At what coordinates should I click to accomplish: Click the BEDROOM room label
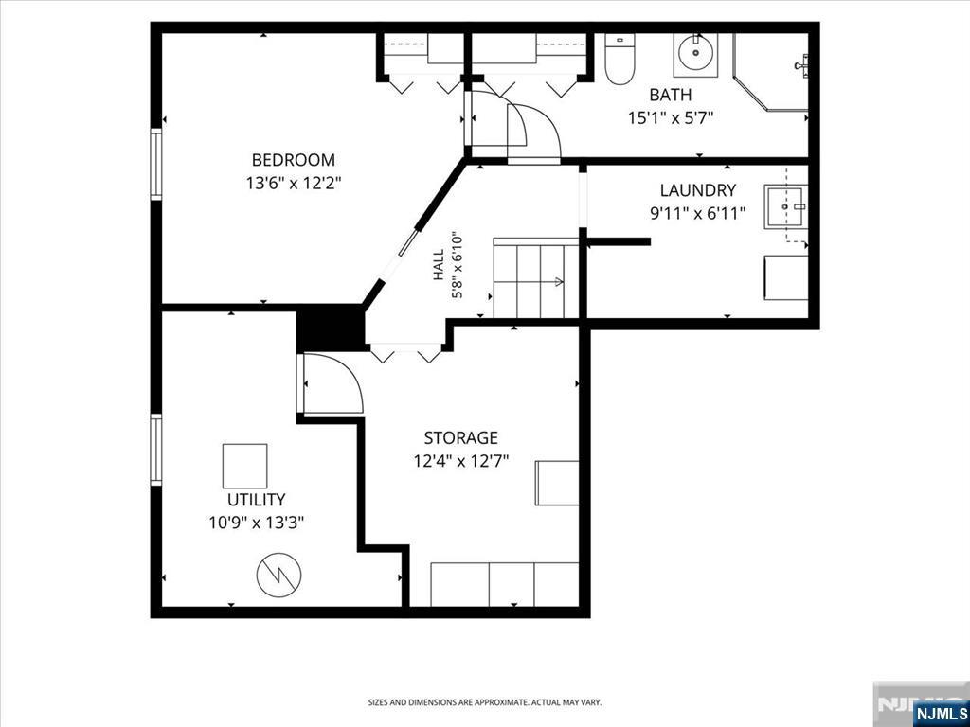[x=294, y=160]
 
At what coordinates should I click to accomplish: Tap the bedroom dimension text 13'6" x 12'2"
[x=294, y=184]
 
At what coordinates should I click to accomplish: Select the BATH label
[x=671, y=96]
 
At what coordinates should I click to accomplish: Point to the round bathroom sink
[x=696, y=55]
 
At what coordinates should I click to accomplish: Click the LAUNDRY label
[x=698, y=189]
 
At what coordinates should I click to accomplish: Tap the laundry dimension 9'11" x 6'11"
[x=697, y=213]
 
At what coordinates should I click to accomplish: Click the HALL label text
[x=439, y=264]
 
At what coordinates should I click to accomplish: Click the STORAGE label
[x=461, y=438]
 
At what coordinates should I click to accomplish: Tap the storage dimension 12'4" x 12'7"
[x=461, y=462]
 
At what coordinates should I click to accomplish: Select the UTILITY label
[x=256, y=500]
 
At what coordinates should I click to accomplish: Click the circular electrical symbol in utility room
[x=279, y=576]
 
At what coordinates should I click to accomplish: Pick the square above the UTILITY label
[x=245, y=466]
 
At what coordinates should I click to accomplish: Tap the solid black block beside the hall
[x=331, y=328]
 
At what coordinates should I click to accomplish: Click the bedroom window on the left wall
[x=156, y=165]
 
